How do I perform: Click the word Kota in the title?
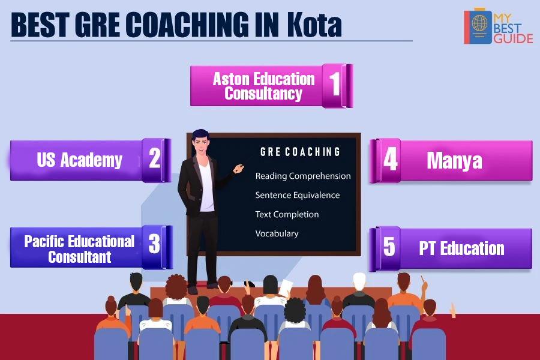(x=314, y=25)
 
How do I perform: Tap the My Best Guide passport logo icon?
(x=478, y=26)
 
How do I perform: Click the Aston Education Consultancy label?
(x=264, y=86)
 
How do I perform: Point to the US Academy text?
(x=80, y=160)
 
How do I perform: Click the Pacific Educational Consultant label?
(x=80, y=249)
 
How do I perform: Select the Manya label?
(x=455, y=161)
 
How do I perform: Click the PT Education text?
(x=462, y=248)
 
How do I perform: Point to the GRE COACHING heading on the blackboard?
(x=300, y=152)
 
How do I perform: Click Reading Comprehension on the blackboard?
(x=303, y=176)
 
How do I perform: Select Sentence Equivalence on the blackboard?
(x=298, y=195)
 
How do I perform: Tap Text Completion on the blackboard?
(x=287, y=214)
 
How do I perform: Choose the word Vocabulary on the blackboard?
(x=277, y=233)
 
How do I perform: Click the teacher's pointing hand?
(x=238, y=169)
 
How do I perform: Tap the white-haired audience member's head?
(x=359, y=281)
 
